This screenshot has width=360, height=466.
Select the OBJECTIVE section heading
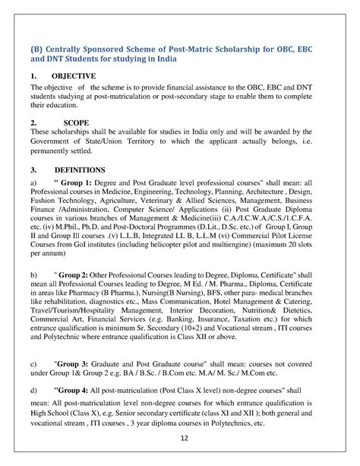tap(73, 76)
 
